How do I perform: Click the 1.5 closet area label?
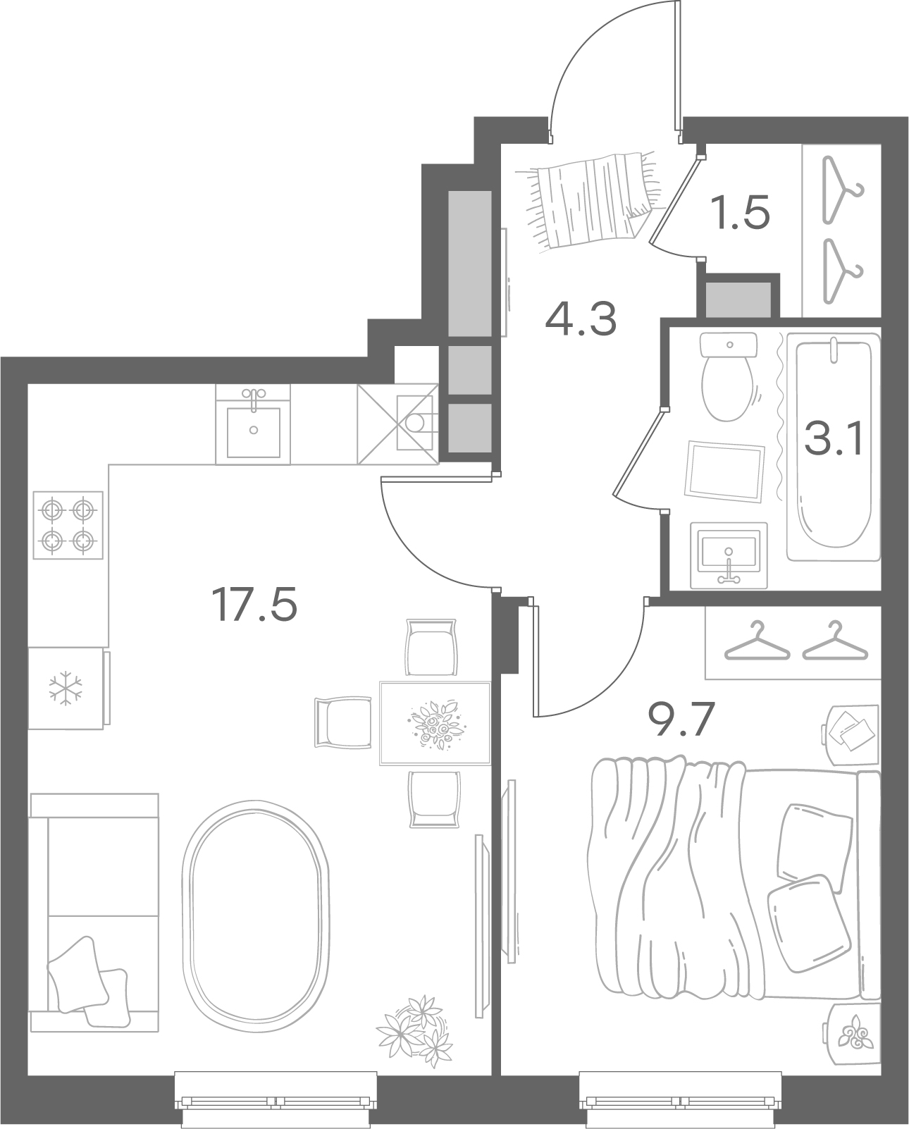click(742, 212)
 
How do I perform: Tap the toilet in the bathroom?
click(728, 376)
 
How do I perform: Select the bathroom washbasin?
click(729, 555)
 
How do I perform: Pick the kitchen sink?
click(253, 425)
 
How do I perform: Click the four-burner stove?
click(68, 524)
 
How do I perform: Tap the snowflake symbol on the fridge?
click(66, 688)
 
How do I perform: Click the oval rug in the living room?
click(256, 916)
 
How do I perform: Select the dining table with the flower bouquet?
click(435, 724)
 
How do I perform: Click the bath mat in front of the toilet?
click(724, 471)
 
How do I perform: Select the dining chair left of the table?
click(343, 722)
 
